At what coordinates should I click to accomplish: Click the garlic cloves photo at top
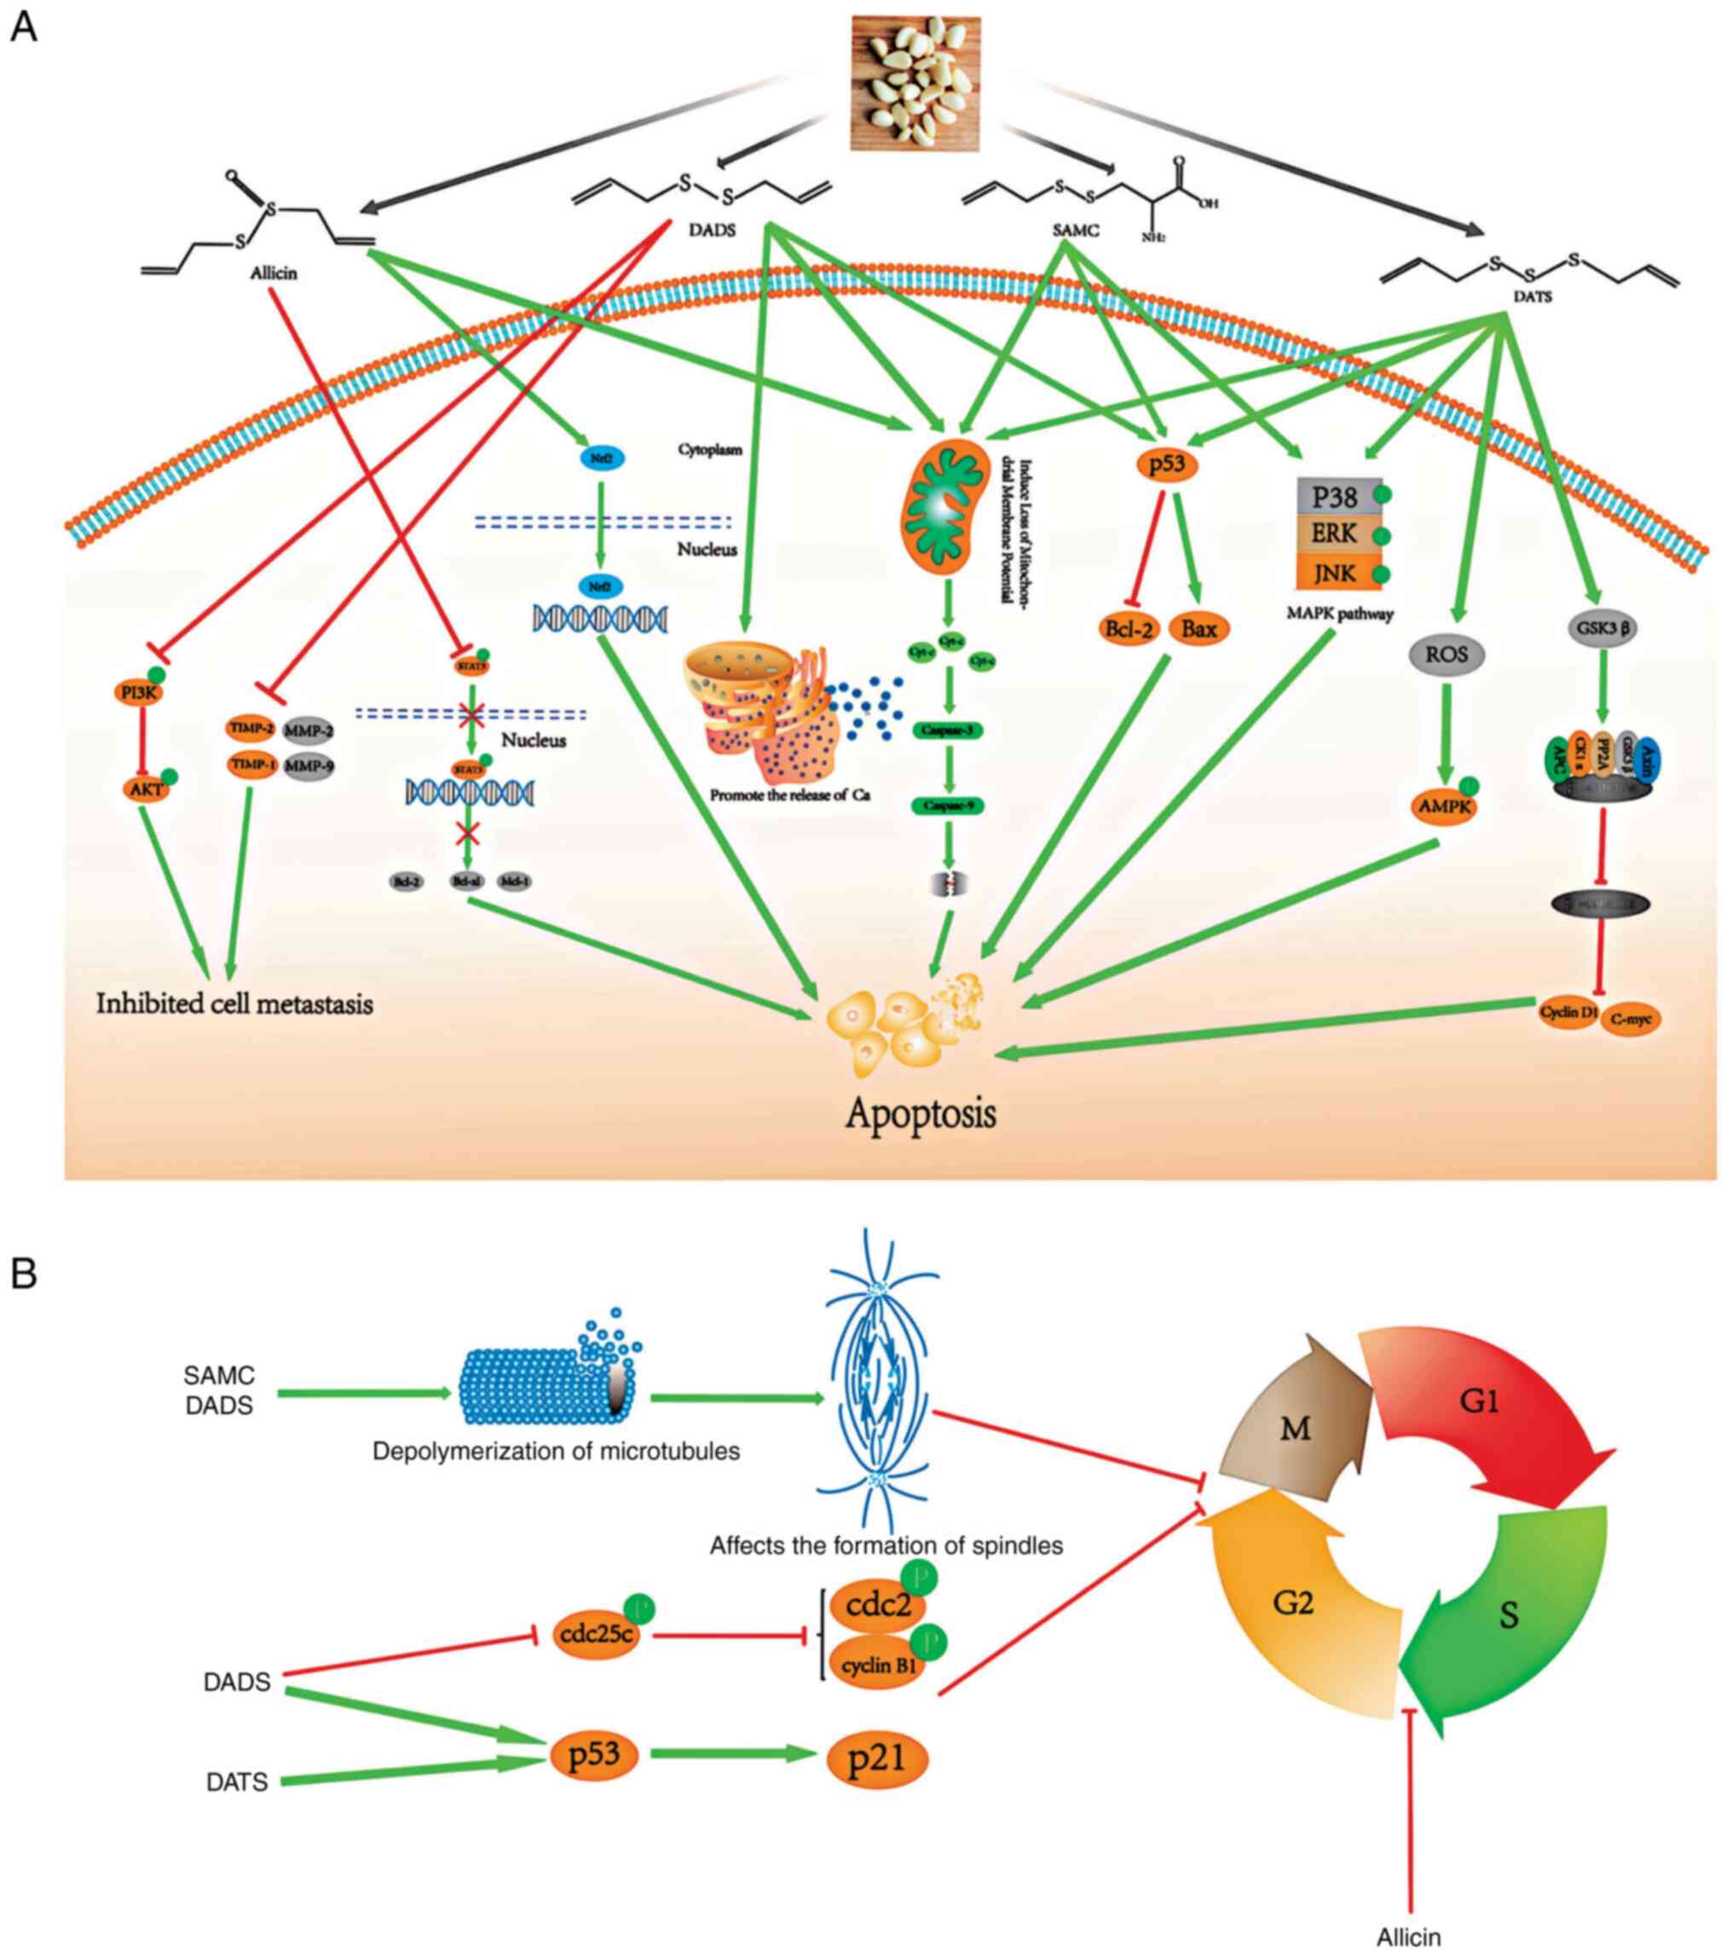(x=915, y=84)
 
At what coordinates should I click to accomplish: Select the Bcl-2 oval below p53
(x=1129, y=629)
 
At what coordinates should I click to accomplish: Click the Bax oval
(x=1198, y=629)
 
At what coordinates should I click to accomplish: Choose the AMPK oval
(x=1444, y=807)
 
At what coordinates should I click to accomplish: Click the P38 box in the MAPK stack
(x=1335, y=498)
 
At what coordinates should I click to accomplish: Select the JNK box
(x=1335, y=573)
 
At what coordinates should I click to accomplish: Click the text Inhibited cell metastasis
(x=234, y=1003)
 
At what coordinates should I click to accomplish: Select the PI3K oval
(x=139, y=691)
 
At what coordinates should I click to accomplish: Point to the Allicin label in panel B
(x=1408, y=1937)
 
